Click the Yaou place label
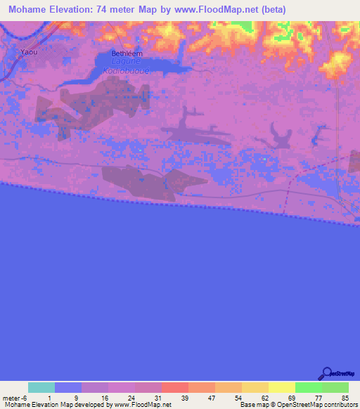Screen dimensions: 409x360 (x=28, y=52)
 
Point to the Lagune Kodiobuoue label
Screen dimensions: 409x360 (x=128, y=67)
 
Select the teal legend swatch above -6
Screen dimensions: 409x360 (x=41, y=387)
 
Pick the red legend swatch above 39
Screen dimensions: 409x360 (x=175, y=387)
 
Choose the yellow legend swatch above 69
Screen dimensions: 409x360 (x=282, y=387)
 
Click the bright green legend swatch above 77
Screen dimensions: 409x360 (x=309, y=387)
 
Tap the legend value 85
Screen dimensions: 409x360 (x=344, y=398)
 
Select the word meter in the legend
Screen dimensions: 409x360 (x=11, y=398)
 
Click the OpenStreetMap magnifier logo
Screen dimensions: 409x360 (x=326, y=373)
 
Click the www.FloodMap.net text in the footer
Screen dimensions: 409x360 (x=141, y=405)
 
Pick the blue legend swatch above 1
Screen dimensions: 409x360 (x=68, y=387)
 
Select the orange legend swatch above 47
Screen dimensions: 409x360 (x=202, y=387)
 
